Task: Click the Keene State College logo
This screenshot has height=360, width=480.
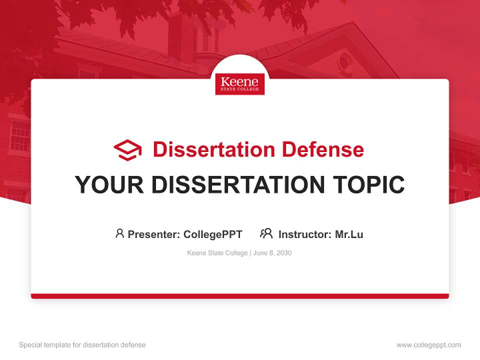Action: pos(240,84)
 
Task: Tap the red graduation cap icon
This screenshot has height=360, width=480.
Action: pos(127,150)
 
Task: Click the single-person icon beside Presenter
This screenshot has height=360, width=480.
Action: pos(119,233)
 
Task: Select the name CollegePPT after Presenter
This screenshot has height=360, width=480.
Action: pos(213,234)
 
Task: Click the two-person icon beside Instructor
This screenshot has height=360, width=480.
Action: pos(266,233)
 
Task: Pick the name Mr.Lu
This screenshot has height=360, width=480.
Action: pos(349,234)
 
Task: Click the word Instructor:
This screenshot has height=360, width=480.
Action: pos(305,234)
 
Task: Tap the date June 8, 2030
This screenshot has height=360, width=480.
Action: pos(272,253)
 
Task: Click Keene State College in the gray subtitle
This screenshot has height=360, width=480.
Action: pos(217,253)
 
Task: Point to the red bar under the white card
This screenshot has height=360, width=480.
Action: pos(240,296)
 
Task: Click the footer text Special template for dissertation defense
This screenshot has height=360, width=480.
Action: pos(82,345)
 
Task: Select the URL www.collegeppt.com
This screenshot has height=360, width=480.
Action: pos(428,345)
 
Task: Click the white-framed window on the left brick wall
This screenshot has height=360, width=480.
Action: pos(20,136)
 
